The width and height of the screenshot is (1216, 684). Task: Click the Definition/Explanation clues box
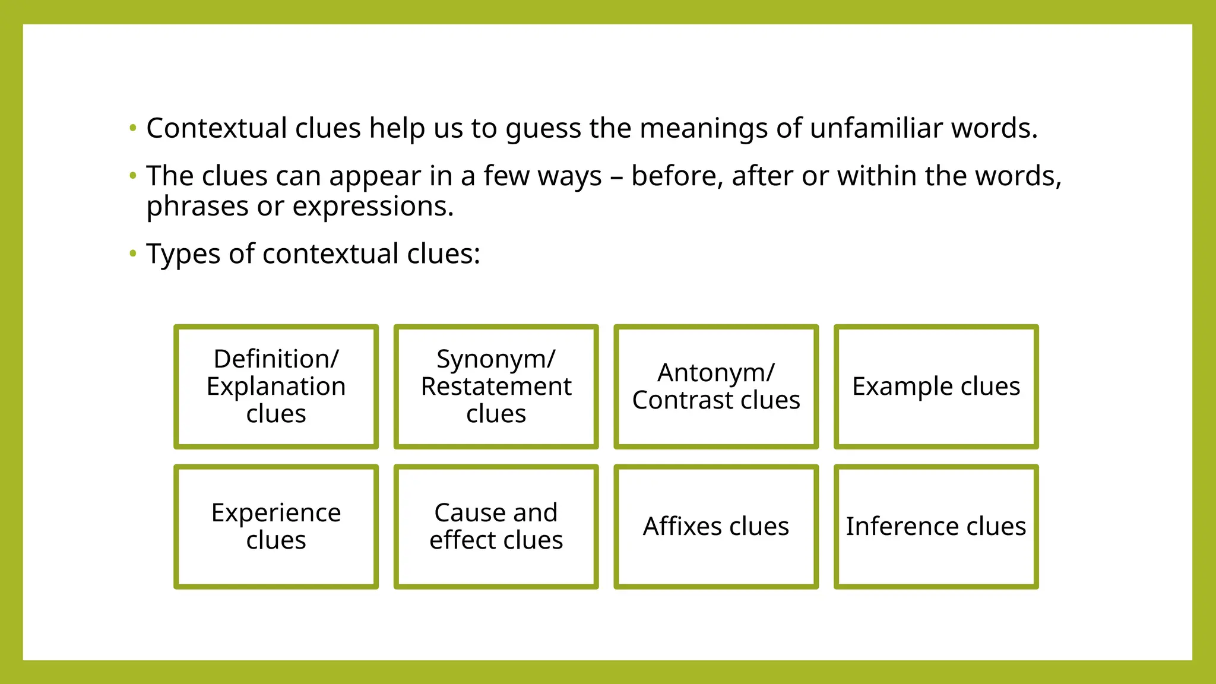tap(276, 387)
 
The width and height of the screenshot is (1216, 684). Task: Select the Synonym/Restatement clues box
tap(496, 387)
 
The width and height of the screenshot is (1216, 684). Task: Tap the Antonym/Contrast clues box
tap(716, 387)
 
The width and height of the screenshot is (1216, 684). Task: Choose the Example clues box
tap(936, 387)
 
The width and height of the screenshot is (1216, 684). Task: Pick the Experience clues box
tap(276, 527)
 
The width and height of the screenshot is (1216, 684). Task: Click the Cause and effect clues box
tap(496, 527)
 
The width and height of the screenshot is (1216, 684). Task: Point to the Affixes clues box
tap(716, 527)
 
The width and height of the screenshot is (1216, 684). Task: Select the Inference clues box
tap(936, 527)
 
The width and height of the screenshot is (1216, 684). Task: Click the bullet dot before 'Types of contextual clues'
tap(133, 254)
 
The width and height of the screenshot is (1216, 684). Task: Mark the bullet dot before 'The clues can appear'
tap(133, 175)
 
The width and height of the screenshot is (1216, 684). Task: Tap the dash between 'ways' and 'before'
tap(616, 177)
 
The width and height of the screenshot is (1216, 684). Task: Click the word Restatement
tap(496, 387)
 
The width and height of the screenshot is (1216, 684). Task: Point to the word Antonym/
tap(715, 373)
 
